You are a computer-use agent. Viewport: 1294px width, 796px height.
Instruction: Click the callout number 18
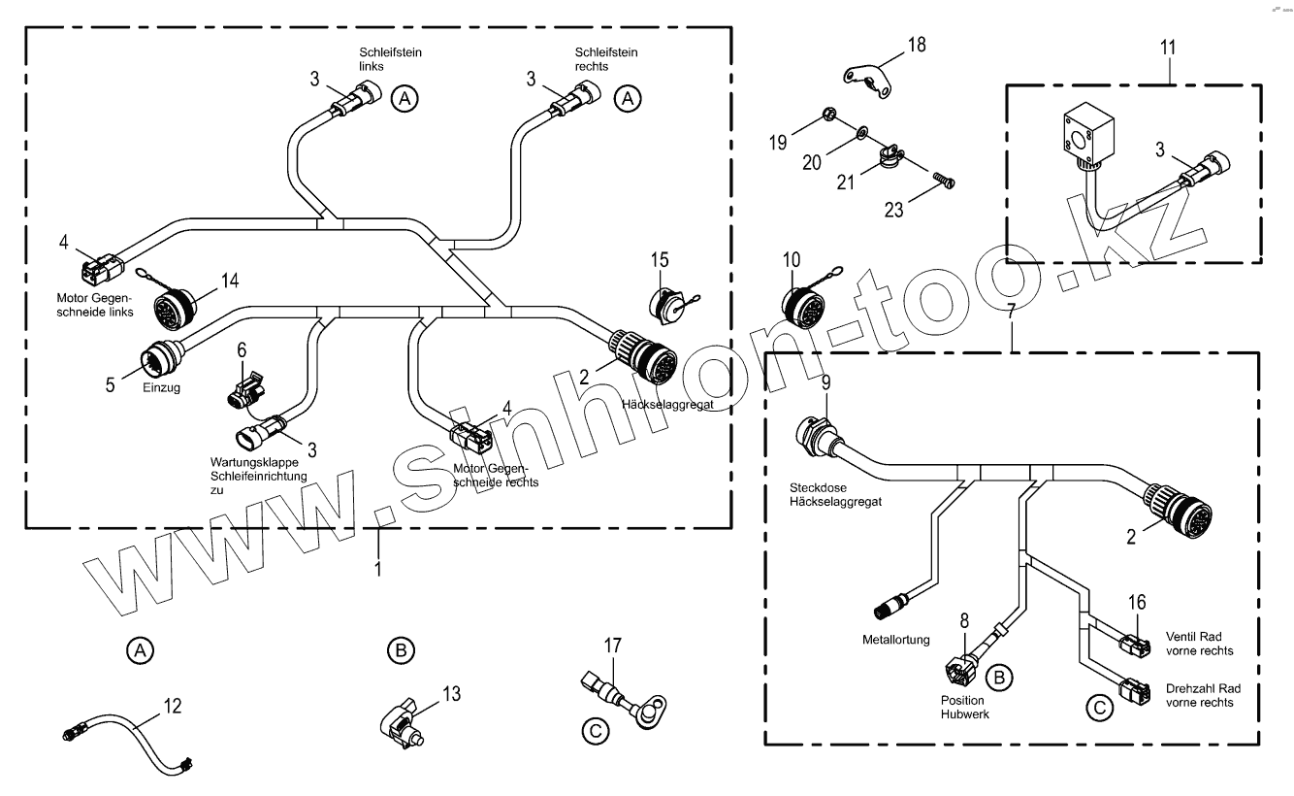click(917, 45)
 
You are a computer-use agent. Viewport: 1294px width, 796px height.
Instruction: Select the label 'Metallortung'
click(895, 640)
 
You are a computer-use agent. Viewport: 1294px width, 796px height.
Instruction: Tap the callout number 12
click(172, 707)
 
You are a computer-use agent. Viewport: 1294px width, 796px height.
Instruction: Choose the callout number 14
click(230, 282)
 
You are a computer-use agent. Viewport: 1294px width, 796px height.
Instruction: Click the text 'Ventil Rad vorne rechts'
click(1200, 644)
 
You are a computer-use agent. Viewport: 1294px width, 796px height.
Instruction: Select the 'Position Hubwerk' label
click(961, 707)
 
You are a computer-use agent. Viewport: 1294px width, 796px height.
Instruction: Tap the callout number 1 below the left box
click(378, 568)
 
